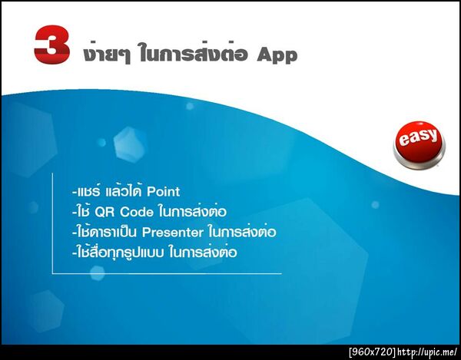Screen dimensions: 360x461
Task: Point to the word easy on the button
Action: [420, 139]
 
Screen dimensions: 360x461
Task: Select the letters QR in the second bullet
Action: [107, 211]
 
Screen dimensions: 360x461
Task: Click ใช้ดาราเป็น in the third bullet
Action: [104, 230]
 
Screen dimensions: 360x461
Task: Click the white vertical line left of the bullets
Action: [52, 223]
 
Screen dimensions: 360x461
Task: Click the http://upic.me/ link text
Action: [427, 352]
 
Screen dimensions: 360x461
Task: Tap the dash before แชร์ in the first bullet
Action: [71, 192]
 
